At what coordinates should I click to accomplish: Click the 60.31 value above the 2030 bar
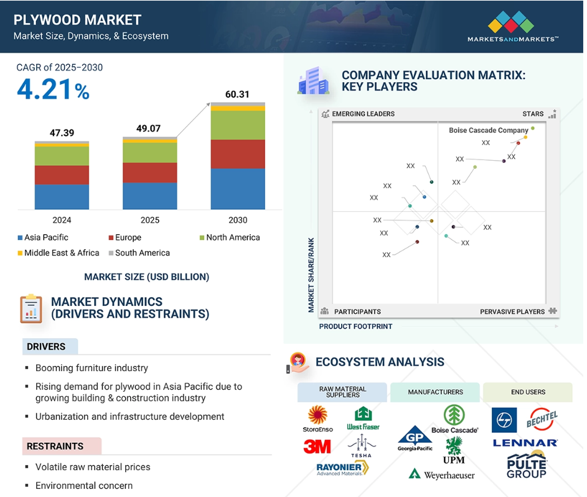pyautogui.click(x=237, y=95)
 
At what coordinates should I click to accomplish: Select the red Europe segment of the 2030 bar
pyautogui.click(x=238, y=154)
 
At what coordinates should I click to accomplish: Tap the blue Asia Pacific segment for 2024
pyautogui.click(x=62, y=197)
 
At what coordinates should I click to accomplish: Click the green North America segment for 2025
pyautogui.click(x=150, y=153)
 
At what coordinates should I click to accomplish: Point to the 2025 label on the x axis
pyautogui.click(x=150, y=220)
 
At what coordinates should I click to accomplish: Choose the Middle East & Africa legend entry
pyautogui.click(x=59, y=253)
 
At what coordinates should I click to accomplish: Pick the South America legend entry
pyautogui.click(x=139, y=253)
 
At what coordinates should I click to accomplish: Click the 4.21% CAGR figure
pyautogui.click(x=53, y=90)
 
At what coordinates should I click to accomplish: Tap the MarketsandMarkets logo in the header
pyautogui.click(x=512, y=26)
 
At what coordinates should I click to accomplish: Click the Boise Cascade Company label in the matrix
pyautogui.click(x=489, y=130)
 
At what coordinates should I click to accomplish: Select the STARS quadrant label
pyautogui.click(x=533, y=114)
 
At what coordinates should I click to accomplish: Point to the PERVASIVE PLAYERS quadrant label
pyautogui.click(x=512, y=311)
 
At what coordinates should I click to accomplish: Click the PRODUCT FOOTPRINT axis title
pyautogui.click(x=355, y=326)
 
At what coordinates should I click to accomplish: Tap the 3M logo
pyautogui.click(x=317, y=447)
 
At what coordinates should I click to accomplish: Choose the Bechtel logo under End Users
pyautogui.click(x=542, y=419)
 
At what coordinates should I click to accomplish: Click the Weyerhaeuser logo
pyautogui.click(x=442, y=475)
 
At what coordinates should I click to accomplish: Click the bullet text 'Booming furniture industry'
pyautogui.click(x=92, y=368)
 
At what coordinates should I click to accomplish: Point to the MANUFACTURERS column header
pyautogui.click(x=435, y=392)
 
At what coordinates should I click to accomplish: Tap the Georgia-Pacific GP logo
pyautogui.click(x=415, y=438)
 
